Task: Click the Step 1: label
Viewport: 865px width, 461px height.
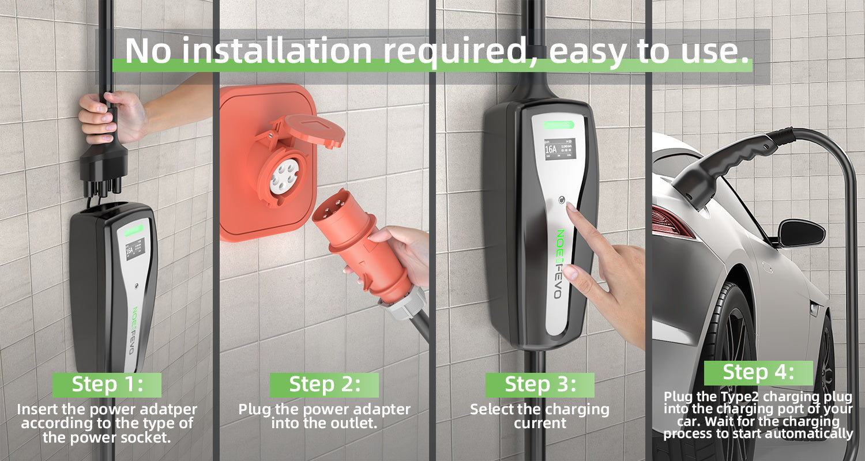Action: pyautogui.click(x=107, y=384)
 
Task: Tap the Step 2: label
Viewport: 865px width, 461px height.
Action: pyautogui.click(x=324, y=384)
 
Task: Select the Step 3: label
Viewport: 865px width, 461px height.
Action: pyautogui.click(x=540, y=384)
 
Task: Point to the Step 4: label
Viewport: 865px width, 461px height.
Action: pyautogui.click(x=758, y=373)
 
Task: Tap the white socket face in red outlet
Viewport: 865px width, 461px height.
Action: pyautogui.click(x=284, y=176)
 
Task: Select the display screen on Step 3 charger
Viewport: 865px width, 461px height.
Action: pyautogui.click(x=560, y=150)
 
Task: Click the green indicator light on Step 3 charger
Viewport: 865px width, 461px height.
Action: pyautogui.click(x=559, y=126)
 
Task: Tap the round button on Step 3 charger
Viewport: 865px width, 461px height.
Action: pyautogui.click(x=562, y=200)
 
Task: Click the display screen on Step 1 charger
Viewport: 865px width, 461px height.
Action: pyautogui.click(x=135, y=249)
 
